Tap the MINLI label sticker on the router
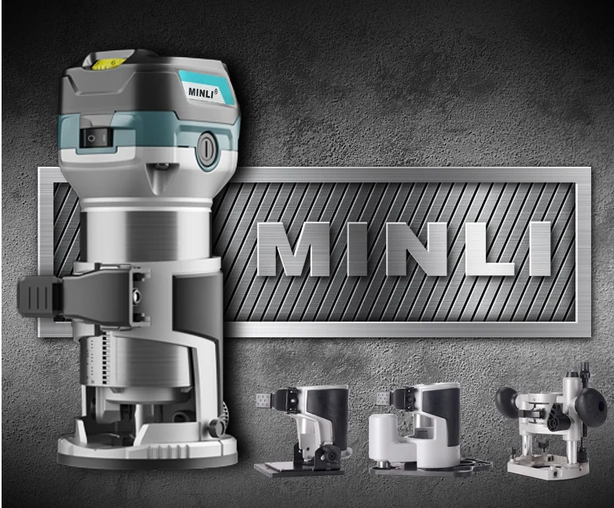tap(206, 89)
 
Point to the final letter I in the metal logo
tap(539, 249)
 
